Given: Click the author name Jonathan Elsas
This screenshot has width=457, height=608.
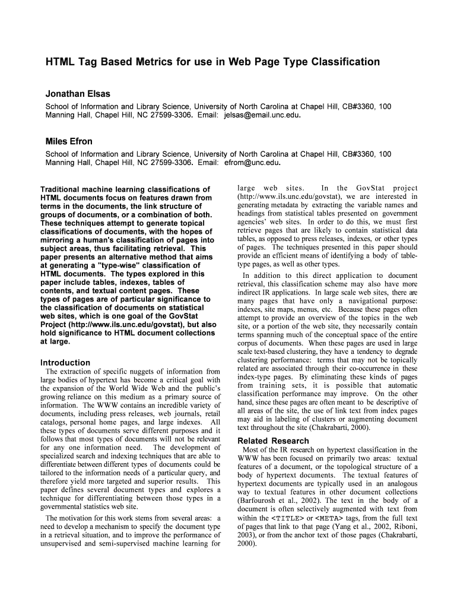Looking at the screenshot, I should click(x=78, y=94).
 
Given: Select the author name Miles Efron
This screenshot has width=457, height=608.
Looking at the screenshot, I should click(x=69, y=141).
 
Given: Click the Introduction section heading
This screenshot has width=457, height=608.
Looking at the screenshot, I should click(x=65, y=362).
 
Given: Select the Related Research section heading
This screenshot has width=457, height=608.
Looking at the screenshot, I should click(x=273, y=441).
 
